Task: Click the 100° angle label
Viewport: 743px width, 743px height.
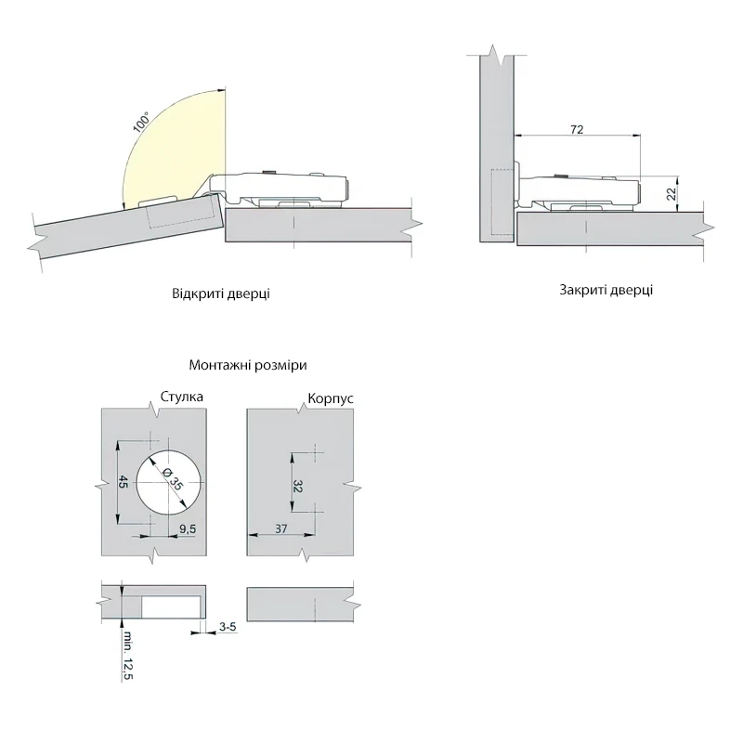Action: point(141,122)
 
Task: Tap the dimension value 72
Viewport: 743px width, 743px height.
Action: point(577,129)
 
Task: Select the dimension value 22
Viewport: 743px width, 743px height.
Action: point(671,194)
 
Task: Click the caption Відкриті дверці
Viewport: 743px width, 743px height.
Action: point(221,293)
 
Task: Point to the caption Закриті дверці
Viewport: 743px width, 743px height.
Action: point(606,290)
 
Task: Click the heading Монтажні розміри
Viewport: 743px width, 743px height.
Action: point(248,365)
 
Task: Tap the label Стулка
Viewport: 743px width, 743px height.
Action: point(181,397)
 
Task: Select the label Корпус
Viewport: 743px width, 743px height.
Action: point(331,398)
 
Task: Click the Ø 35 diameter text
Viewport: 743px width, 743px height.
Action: point(172,479)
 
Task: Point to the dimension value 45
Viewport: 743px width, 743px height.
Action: point(123,482)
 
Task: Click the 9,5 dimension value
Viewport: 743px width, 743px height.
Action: point(188,528)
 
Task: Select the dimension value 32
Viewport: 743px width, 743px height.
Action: point(297,486)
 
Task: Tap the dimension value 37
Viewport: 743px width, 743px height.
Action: point(281,528)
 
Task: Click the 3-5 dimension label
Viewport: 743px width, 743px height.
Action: point(228,627)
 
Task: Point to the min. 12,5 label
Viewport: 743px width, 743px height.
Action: point(127,656)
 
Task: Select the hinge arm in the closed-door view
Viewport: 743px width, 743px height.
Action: point(578,193)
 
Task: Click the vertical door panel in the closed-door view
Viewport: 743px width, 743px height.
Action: point(497,148)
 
